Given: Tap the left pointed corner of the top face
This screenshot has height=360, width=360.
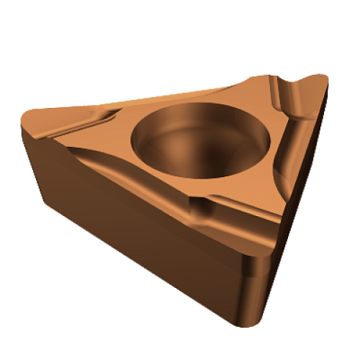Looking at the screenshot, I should (x=28, y=112).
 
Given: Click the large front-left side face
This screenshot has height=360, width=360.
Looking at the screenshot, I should (x=132, y=220).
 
